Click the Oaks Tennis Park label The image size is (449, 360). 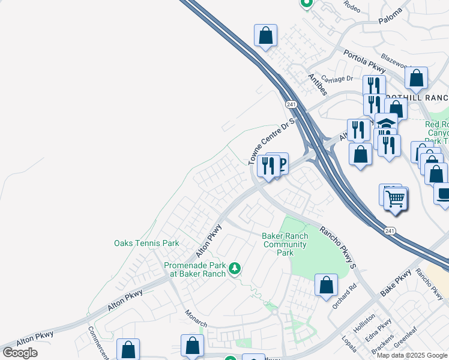tap(146, 244)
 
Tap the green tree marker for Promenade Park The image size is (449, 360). tap(236, 268)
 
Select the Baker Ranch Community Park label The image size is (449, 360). tap(285, 244)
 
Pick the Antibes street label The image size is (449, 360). tap(317, 85)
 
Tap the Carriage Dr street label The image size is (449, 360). tap(337, 79)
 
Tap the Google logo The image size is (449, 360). tap(20, 353)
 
